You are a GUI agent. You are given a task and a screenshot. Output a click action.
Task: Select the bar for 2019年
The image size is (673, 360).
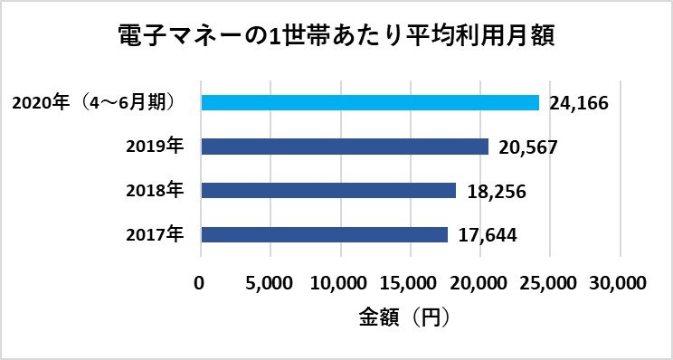344,147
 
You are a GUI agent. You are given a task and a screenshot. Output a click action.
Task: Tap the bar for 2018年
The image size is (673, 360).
327,191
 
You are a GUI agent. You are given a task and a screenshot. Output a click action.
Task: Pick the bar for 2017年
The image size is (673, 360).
324,234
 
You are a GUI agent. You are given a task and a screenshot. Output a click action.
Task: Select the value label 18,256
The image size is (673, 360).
495,192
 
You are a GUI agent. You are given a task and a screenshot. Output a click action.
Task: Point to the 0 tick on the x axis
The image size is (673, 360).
200,282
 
